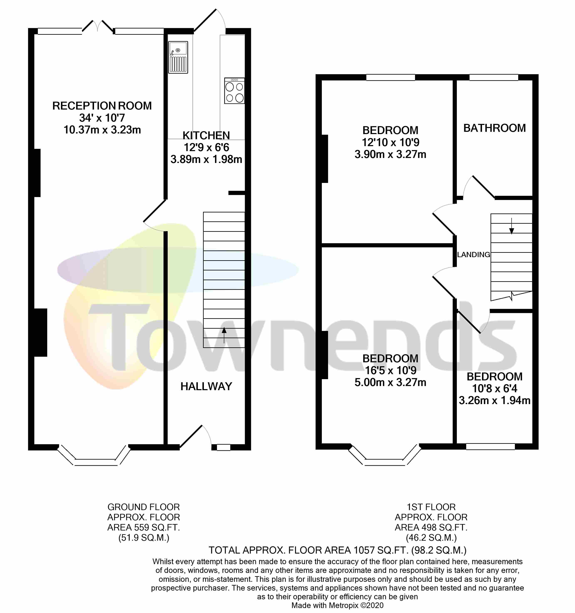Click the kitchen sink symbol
coord(178,57)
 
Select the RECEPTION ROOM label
coord(102,106)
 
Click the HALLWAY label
coord(206,386)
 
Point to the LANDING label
coord(473,255)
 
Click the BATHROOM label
coord(494,128)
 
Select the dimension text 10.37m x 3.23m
coord(102,130)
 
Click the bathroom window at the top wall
coord(493,77)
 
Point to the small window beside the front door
coord(223,447)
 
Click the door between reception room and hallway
coord(154,213)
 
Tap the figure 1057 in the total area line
coord(366,550)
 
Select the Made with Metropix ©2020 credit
coord(337,605)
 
